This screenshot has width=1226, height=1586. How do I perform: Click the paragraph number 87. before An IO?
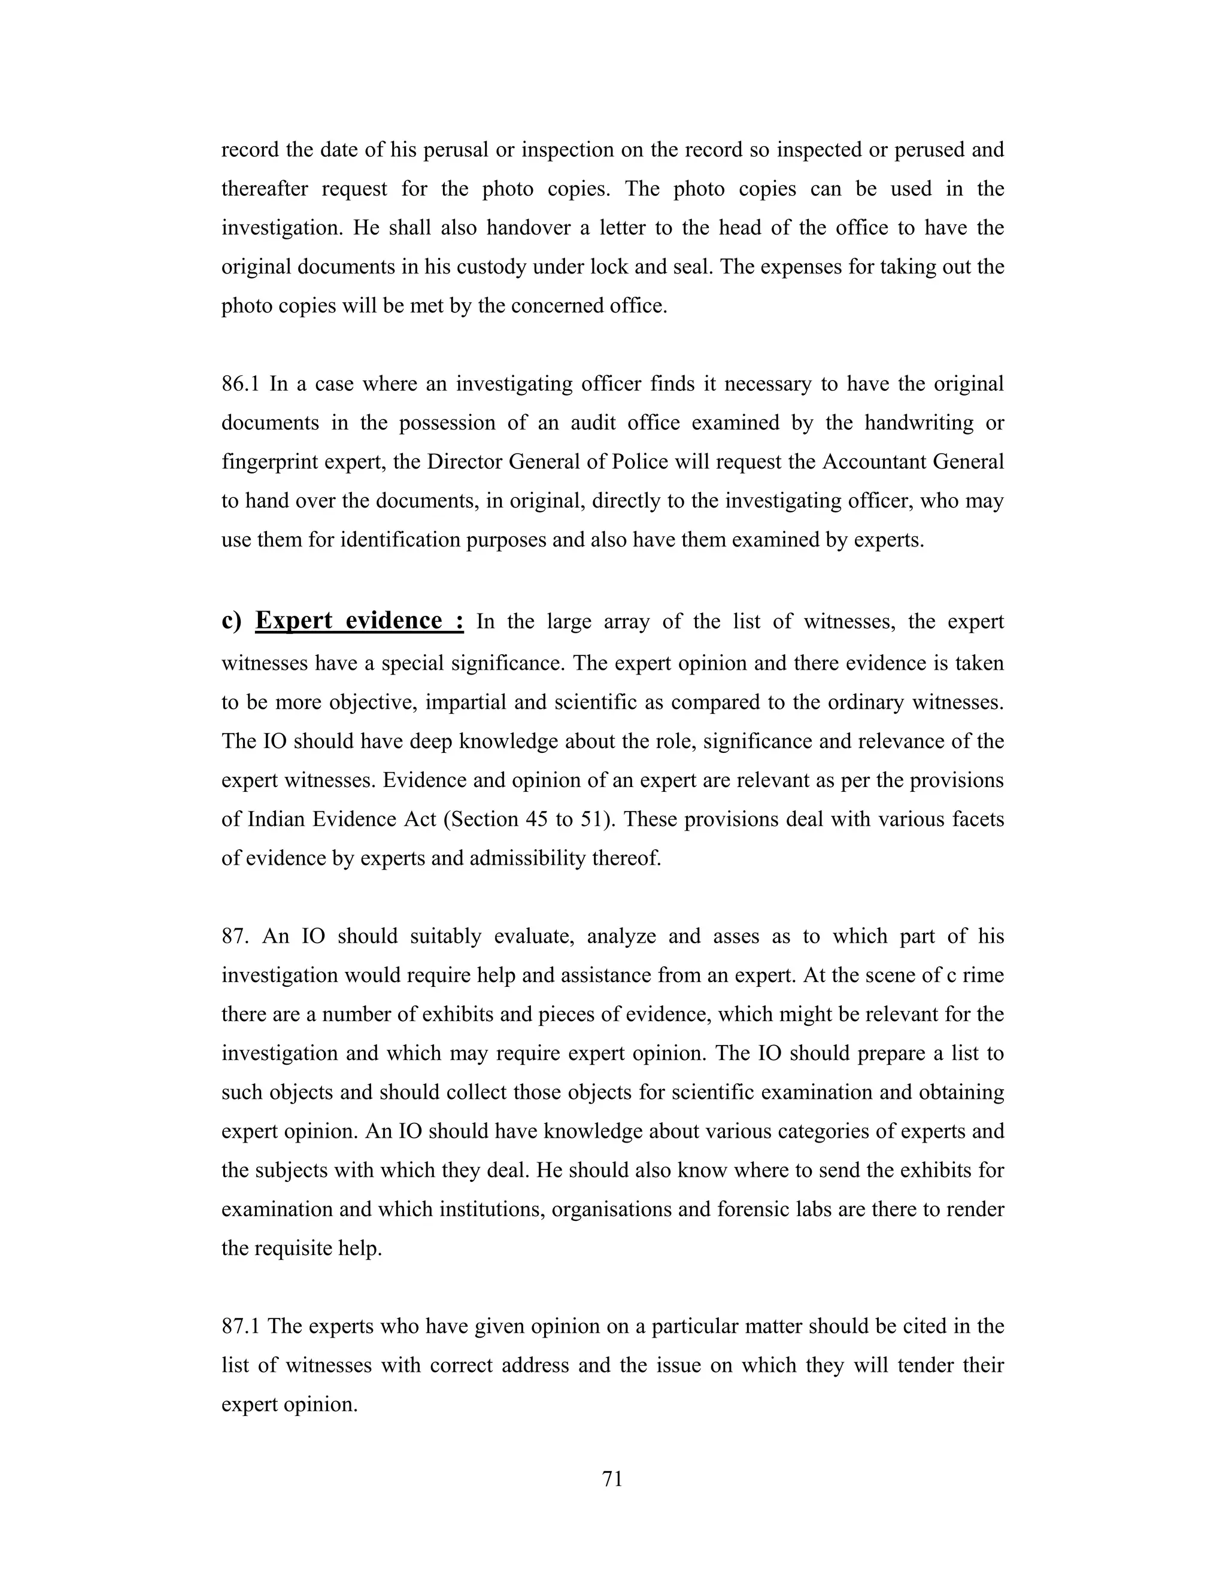pos(235,936)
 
